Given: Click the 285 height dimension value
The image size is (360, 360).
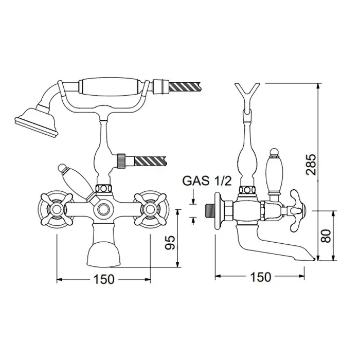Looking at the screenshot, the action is click(312, 164).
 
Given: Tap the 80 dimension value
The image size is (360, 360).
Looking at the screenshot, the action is click(326, 236).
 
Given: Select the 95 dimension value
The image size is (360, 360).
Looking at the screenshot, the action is click(170, 242).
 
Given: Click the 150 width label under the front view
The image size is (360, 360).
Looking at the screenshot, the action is click(104, 279).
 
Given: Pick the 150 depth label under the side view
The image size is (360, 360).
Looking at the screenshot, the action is click(261, 277).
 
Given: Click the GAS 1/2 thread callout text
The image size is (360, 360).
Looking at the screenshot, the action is click(207, 181).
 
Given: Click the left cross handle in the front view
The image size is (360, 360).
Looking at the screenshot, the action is click(56, 209).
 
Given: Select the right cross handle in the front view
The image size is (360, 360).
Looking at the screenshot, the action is click(150, 209).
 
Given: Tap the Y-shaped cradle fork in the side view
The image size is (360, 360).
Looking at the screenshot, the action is click(247, 92).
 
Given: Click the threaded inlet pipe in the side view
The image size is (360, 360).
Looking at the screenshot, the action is click(209, 211).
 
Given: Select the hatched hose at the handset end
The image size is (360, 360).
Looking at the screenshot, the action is click(185, 86).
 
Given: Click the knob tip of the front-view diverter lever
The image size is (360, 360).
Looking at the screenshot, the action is click(62, 168).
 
